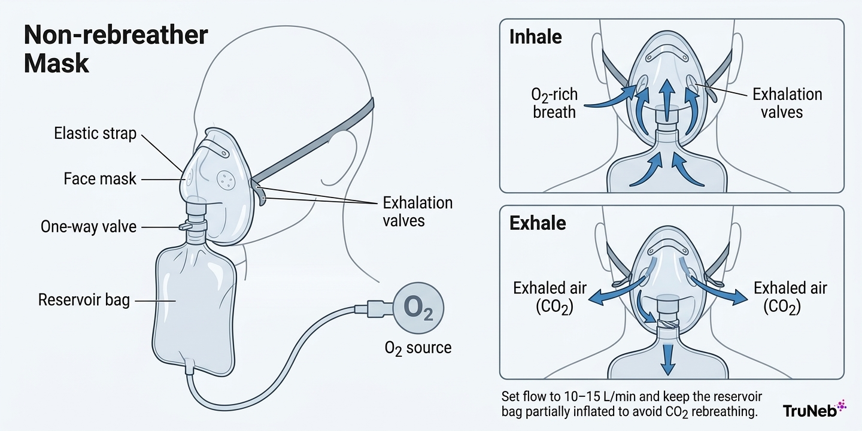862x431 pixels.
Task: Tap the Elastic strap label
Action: click(96, 133)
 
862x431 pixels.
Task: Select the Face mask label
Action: click(100, 178)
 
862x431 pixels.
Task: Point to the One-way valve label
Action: click(89, 227)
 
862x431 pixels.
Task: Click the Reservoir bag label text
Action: click(84, 300)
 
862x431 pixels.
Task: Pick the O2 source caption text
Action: click(418, 347)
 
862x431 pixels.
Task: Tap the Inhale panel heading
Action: click(535, 37)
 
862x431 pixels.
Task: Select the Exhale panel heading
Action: click(538, 223)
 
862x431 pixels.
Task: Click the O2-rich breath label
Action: click(554, 103)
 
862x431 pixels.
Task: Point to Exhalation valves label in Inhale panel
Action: click(787, 103)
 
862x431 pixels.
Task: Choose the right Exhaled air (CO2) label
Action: click(790, 297)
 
